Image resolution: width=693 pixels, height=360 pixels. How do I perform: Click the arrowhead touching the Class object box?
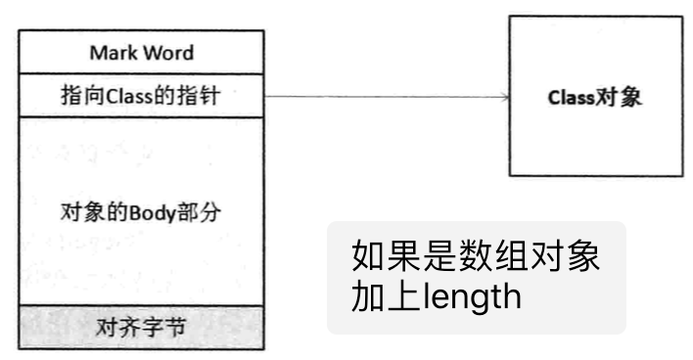coord(504,96)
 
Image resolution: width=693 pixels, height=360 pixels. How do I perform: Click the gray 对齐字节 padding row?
coord(142,327)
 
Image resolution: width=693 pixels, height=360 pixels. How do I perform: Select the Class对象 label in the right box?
coord(595,97)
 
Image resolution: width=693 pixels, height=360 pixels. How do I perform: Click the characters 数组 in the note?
coord(492,258)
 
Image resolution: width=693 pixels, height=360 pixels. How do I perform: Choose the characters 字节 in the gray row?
coord(167,327)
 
